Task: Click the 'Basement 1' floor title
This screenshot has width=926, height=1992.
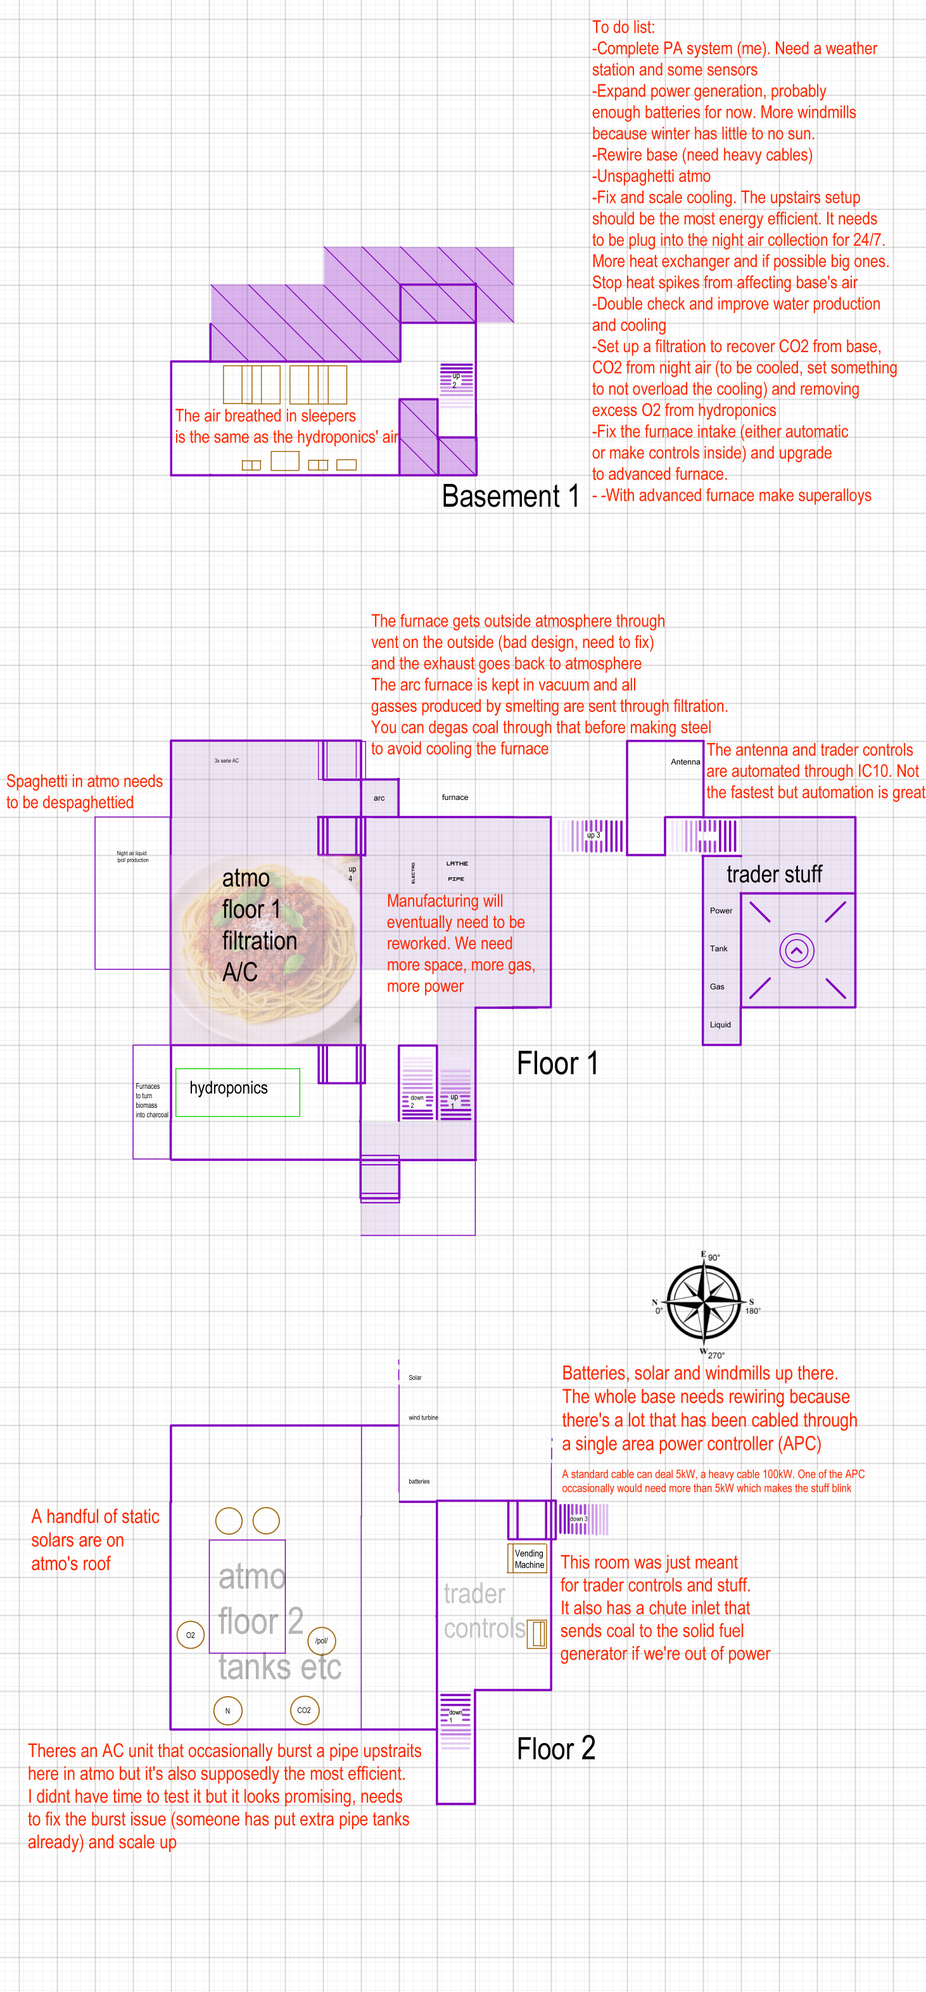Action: point(510,496)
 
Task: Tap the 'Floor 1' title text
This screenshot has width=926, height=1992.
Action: point(557,1063)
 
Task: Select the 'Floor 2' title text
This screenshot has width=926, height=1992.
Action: point(555,1748)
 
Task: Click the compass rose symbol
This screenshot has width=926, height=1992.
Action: point(705,1304)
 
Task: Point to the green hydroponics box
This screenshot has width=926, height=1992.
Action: point(238,1092)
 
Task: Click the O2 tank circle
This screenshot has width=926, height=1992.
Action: point(190,1635)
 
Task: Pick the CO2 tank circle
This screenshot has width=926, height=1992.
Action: point(304,1710)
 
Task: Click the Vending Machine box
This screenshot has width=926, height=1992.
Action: point(529,1558)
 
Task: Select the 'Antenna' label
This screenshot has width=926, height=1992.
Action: point(685,762)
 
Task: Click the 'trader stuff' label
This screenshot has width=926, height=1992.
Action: point(773,874)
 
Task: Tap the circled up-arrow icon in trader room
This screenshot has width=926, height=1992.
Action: point(797,950)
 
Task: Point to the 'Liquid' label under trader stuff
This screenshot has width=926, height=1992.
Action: point(720,1025)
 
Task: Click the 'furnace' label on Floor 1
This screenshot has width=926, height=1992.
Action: point(455,797)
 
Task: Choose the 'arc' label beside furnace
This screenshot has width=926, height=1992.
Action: point(379,798)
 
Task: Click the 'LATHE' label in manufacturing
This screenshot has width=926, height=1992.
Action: point(457,863)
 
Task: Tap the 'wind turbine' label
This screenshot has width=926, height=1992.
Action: point(423,1418)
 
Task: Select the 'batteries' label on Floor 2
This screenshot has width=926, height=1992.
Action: point(419,1481)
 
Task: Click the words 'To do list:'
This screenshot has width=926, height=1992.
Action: point(623,27)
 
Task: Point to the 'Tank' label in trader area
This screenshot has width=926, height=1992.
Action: point(719,949)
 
